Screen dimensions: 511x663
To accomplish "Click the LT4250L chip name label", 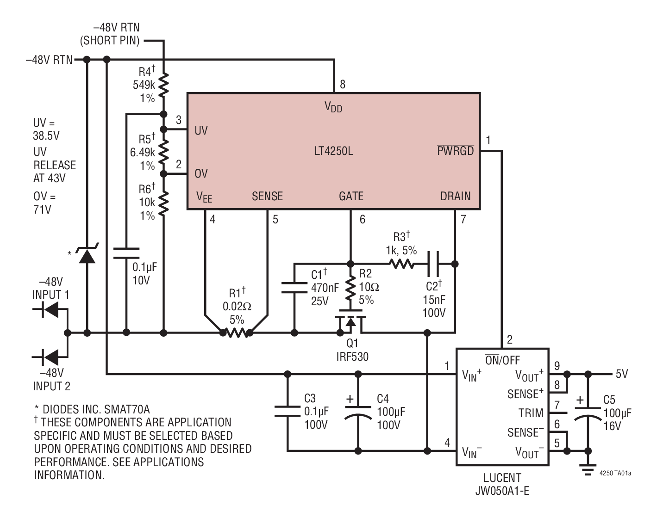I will pos(333,151).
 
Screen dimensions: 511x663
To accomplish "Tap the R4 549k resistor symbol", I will pos(163,85).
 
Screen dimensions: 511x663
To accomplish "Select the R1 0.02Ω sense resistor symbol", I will pos(236,332).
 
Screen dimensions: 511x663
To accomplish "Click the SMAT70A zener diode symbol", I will pos(87,254).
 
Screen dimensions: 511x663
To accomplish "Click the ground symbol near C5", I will pos(588,471).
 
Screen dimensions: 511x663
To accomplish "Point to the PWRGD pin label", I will pos(456,151).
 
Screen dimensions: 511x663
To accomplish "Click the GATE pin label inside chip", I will pos(351,196).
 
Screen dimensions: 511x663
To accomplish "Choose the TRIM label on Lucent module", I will pos(531,413).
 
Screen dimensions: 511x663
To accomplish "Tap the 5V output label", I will pos(621,374).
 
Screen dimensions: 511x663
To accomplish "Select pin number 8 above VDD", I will pos(343,84).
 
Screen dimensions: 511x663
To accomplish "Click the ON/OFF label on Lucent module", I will pos(502,360).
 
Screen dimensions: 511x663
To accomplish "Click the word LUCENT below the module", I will pos(502,478).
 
